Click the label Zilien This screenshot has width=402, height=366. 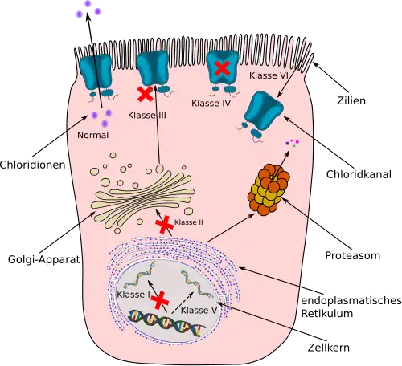351,100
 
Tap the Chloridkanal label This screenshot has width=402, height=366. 359,174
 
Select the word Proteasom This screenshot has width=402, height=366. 353,255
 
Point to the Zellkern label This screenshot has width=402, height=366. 329,348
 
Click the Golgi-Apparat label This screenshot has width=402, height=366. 44,259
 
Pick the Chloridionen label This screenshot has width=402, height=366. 33,165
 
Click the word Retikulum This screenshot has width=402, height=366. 327,313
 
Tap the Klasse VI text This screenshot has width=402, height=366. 269,75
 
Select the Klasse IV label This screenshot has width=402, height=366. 211,103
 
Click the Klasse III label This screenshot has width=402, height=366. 147,116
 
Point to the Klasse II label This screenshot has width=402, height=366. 189,222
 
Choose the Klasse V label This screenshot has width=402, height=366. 199,311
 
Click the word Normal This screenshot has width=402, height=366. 93,135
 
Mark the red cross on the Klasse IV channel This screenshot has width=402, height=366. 223,67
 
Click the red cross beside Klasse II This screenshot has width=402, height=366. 164,225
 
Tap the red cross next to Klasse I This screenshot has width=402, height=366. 160,301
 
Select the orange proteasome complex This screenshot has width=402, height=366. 269,189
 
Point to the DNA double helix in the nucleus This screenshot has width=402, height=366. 167,322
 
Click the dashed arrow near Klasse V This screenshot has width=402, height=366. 182,303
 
